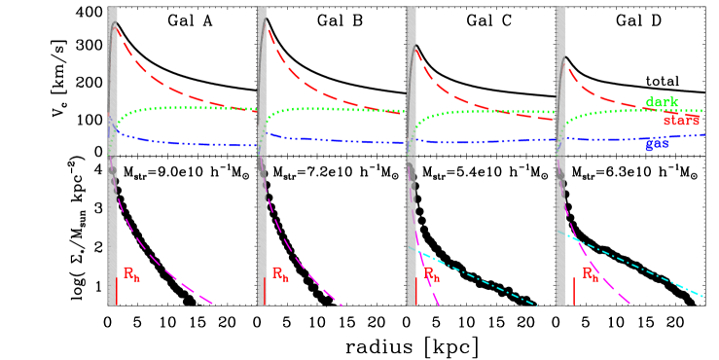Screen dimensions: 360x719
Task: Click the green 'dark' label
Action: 662,102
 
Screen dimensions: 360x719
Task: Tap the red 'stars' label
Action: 681,121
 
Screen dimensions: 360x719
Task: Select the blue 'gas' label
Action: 657,144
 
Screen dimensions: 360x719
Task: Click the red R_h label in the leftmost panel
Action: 130,273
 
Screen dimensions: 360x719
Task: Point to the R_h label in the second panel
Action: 280,274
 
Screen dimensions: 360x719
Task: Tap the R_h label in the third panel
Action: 431,274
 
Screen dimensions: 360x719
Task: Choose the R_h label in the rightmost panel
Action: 591,274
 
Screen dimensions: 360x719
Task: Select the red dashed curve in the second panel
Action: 311,83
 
